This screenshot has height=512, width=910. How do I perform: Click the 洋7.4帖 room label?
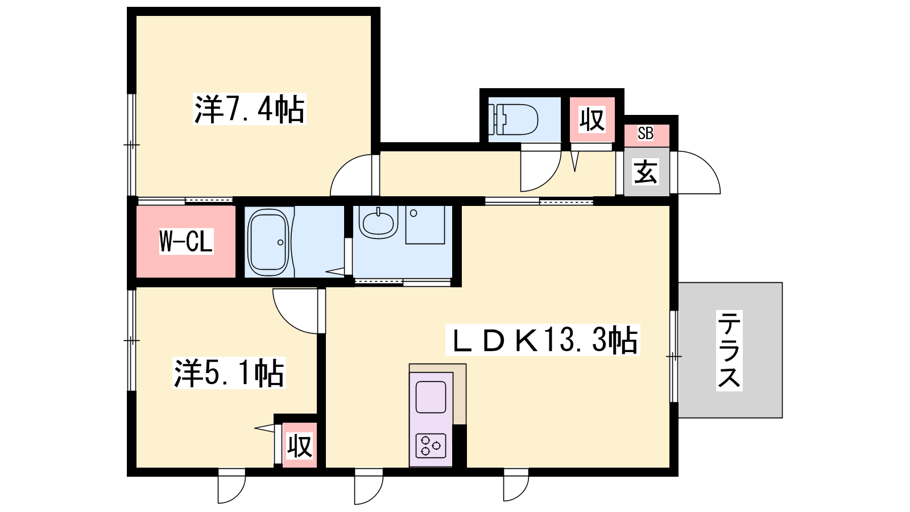pos(250,109)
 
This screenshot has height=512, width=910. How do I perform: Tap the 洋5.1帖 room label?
pos(229,373)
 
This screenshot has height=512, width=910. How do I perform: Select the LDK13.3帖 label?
pos(543,340)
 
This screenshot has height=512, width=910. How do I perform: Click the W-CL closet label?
pos(186,241)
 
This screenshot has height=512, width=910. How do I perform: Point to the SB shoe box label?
pos(646,133)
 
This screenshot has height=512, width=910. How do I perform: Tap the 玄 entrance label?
pos(646,172)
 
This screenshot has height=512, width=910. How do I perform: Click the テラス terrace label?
pos(729,350)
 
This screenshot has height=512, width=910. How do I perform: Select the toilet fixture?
pos(513,119)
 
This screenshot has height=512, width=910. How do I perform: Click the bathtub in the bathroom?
pos(268,242)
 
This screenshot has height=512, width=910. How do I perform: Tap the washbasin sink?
pos(378,222)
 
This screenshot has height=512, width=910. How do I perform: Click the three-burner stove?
pos(431,446)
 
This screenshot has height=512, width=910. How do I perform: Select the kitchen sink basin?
pos(431,397)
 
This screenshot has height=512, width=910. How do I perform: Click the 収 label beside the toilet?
pos(592,119)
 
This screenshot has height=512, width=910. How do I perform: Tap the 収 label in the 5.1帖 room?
pos(299,446)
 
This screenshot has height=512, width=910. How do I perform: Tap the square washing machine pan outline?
pos(425,225)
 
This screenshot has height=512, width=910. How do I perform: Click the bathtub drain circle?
pos(280,242)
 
